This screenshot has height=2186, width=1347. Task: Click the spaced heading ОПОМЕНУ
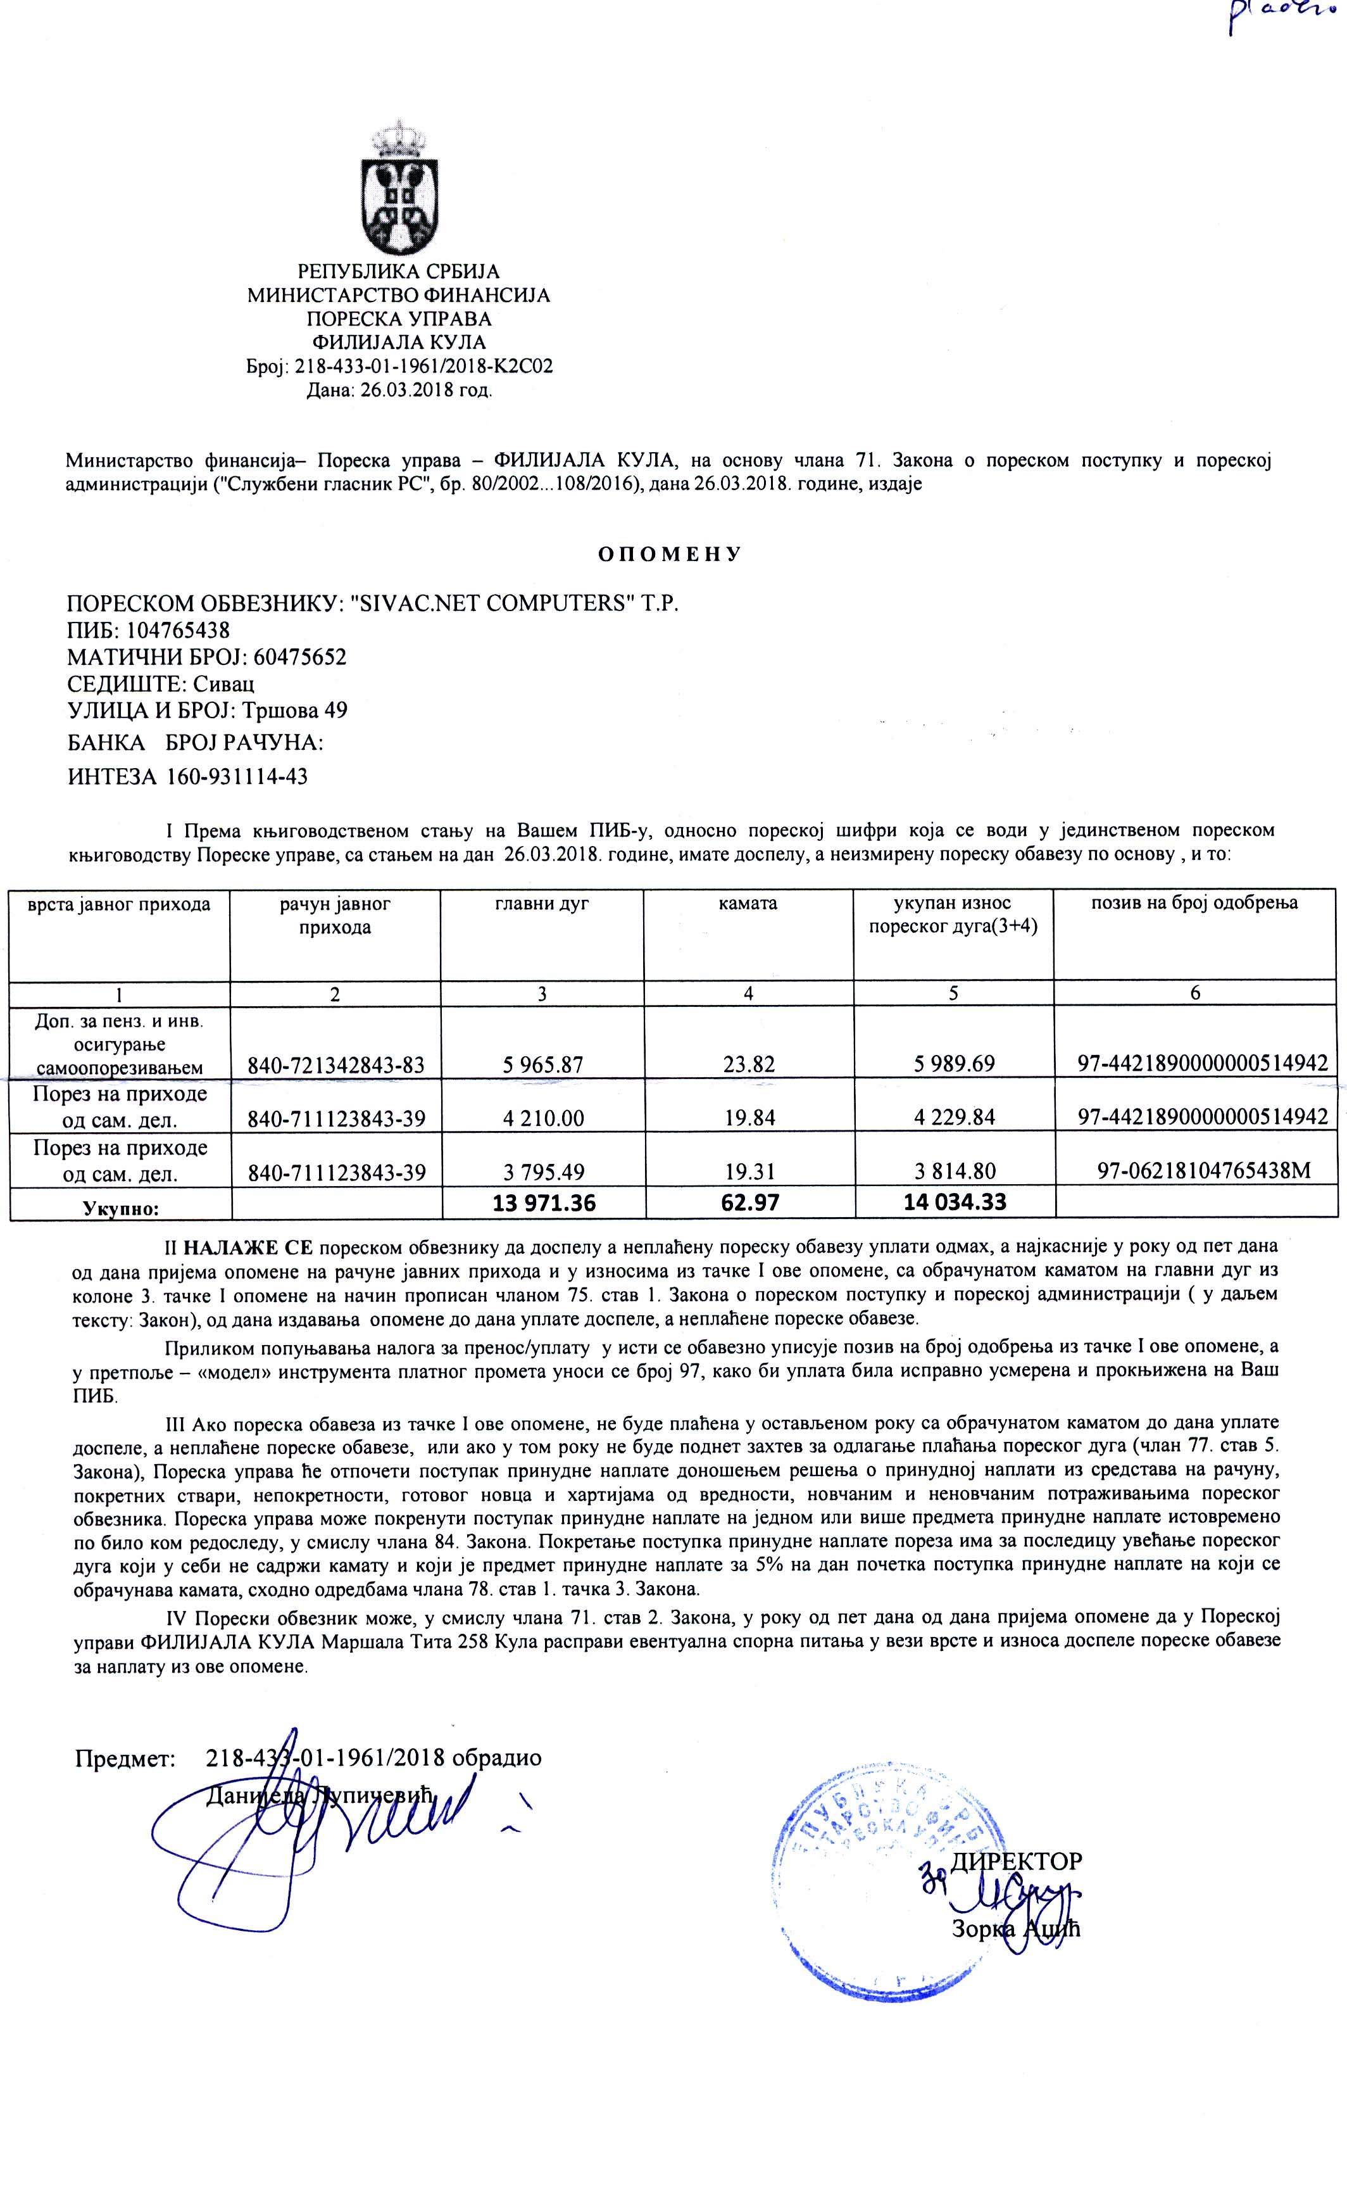point(669,554)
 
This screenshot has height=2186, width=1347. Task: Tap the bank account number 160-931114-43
point(236,776)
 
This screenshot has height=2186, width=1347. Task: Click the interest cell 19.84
point(749,1116)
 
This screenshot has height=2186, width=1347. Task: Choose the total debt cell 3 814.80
point(953,1170)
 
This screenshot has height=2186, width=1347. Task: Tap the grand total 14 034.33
point(954,1202)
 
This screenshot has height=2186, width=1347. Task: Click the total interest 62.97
point(749,1202)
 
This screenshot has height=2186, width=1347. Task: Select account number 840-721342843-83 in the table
point(336,1063)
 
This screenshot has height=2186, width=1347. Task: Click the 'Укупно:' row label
point(120,1208)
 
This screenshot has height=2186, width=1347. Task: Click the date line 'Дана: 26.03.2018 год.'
point(399,389)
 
